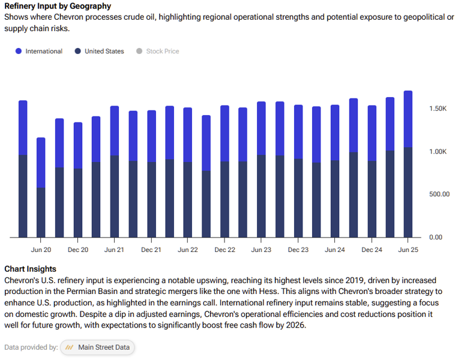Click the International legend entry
point(39,51)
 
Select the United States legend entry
point(99,51)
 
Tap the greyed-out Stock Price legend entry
point(158,51)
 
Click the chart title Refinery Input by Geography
point(58,6)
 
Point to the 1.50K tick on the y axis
point(438,109)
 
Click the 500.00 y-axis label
point(438,194)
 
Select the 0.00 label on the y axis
point(435,237)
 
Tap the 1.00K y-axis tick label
point(438,152)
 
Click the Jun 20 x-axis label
point(41,250)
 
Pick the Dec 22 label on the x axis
point(224,250)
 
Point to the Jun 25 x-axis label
point(408,250)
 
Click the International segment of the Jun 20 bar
point(41,163)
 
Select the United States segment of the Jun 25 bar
point(408,192)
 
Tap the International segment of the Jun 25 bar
point(408,119)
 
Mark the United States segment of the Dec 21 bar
point(151,199)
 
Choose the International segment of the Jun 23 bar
point(261,128)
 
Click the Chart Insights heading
point(30,269)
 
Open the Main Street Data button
point(98,347)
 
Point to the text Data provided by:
point(31,347)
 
